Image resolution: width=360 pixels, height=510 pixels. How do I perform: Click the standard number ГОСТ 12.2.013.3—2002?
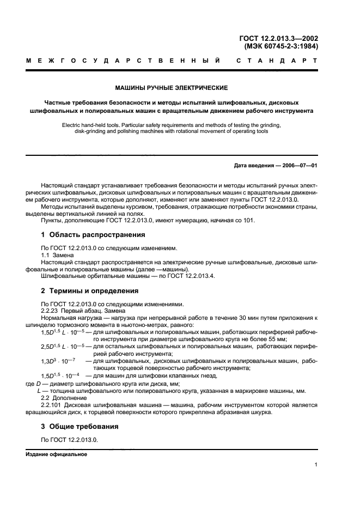pyautogui.click(x=278, y=39)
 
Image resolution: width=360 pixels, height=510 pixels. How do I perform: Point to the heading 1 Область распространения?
pyautogui.click(x=93, y=235)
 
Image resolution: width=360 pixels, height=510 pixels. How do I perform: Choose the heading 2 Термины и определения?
pyautogui.click(x=91, y=290)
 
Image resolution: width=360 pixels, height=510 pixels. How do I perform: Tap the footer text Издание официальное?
pyautogui.click(x=57, y=453)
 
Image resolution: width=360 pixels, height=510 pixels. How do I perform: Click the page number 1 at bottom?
pyautogui.click(x=316, y=465)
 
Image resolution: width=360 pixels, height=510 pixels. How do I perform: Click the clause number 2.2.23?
pyautogui.click(x=51, y=311)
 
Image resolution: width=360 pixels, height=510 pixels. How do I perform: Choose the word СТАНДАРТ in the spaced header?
pyautogui.click(x=277, y=61)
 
